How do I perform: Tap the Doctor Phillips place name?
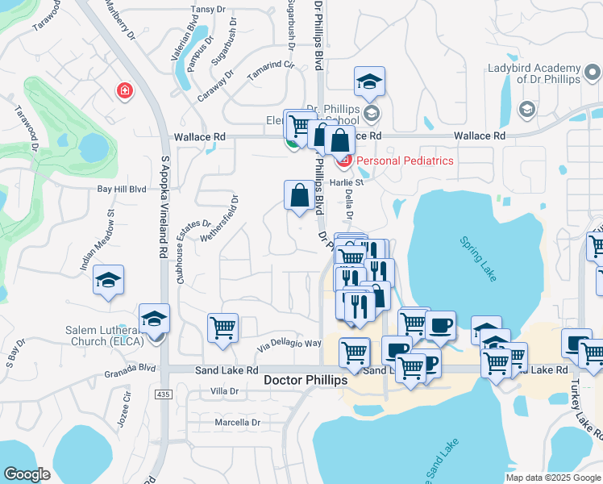coord(306,379)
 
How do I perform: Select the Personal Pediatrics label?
coord(405,161)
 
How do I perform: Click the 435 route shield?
coord(164,394)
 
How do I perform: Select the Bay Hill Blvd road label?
coord(122,189)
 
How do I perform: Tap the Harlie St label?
coord(353,182)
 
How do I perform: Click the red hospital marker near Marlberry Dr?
coord(124,90)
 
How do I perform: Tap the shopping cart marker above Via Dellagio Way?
coord(222,328)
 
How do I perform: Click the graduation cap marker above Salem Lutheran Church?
coord(154,318)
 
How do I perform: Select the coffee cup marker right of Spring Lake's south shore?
coord(440,325)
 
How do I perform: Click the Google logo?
coord(27,474)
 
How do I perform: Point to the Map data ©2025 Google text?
coord(552,478)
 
